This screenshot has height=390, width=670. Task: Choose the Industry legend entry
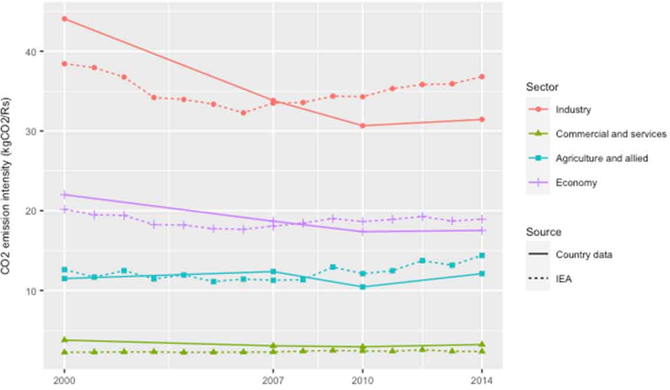point(573,110)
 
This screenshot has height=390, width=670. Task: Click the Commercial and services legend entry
point(611,134)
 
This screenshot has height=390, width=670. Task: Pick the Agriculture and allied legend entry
point(601,158)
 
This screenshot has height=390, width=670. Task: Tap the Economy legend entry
point(576,183)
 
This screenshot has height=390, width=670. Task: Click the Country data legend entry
point(584,255)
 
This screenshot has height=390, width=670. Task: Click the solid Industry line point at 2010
point(363,126)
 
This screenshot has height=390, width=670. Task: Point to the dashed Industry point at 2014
point(482,76)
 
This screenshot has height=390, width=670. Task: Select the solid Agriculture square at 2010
point(363,287)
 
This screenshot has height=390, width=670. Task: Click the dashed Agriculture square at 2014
point(482,255)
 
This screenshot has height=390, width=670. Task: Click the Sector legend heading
point(542,87)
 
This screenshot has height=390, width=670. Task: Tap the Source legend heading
point(543,232)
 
